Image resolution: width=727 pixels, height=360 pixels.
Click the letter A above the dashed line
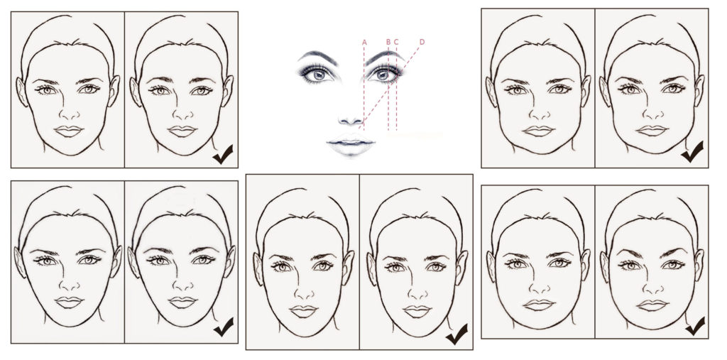coord(364,42)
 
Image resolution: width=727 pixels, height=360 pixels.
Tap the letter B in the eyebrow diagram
coord(388,42)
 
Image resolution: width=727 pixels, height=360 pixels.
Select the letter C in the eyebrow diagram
coord(396,42)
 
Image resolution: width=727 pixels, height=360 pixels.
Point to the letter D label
coord(422,42)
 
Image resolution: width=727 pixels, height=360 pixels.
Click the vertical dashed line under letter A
coord(364,88)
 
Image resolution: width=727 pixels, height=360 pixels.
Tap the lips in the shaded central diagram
coord(350,143)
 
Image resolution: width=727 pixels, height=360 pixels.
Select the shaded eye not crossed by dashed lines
coord(318,74)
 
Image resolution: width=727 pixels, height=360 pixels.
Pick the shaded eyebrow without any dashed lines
coord(318,58)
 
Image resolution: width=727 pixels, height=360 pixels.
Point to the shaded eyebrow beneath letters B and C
coord(384,57)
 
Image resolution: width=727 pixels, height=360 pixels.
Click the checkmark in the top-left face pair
coord(223,154)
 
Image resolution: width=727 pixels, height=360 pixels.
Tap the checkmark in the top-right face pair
coord(692,151)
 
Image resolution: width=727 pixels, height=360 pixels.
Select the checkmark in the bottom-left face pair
coord(224,327)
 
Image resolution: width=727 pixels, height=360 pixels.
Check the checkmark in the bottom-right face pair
coord(695,326)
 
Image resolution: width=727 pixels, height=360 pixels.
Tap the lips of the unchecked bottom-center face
coord(304,311)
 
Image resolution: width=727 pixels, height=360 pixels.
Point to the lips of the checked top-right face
coord(652,131)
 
